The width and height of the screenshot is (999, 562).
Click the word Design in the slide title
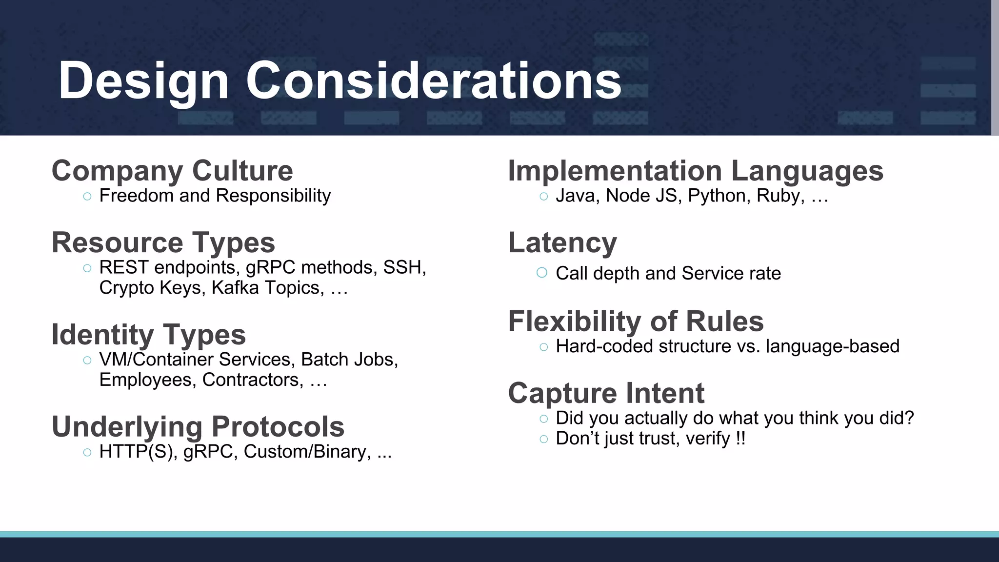143,81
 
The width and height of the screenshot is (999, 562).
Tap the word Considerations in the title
433,81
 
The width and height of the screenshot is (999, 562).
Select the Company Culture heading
172,171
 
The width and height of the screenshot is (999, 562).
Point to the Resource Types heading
163,242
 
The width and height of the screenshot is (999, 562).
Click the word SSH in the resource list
404,267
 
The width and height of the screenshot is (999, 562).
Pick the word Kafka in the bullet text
235,288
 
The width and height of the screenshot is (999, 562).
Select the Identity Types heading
149,335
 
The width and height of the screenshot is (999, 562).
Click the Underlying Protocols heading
198,427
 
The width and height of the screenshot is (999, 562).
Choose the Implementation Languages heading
695,171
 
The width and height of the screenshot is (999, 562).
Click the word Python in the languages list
719,196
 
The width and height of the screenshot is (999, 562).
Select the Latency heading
562,242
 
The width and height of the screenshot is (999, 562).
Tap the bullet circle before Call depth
541,273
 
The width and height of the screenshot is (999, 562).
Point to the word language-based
832,346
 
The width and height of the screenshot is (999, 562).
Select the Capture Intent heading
606,393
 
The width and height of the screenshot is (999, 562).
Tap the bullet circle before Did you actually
544,419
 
